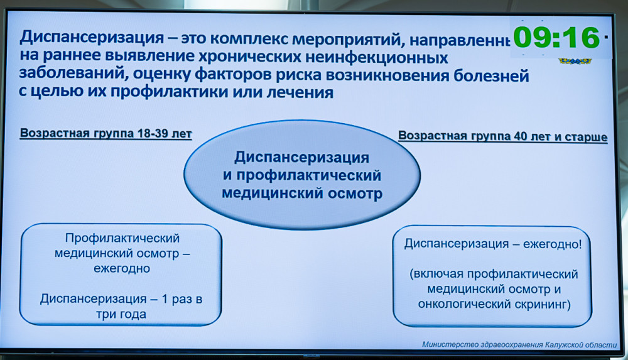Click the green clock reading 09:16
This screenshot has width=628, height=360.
(556, 38)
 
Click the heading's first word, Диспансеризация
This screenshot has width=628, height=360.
(92, 37)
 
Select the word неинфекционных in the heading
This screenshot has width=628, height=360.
(376, 58)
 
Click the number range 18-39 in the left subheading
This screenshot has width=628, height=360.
(152, 133)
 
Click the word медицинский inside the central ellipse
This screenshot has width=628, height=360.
(273, 194)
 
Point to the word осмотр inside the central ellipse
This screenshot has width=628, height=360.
(355, 194)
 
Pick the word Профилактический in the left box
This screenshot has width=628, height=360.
(122, 238)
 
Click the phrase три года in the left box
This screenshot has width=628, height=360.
(121, 314)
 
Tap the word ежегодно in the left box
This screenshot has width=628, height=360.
(122, 268)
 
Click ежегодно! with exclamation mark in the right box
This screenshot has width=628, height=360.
(552, 244)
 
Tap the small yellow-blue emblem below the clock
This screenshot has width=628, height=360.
(575, 61)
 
